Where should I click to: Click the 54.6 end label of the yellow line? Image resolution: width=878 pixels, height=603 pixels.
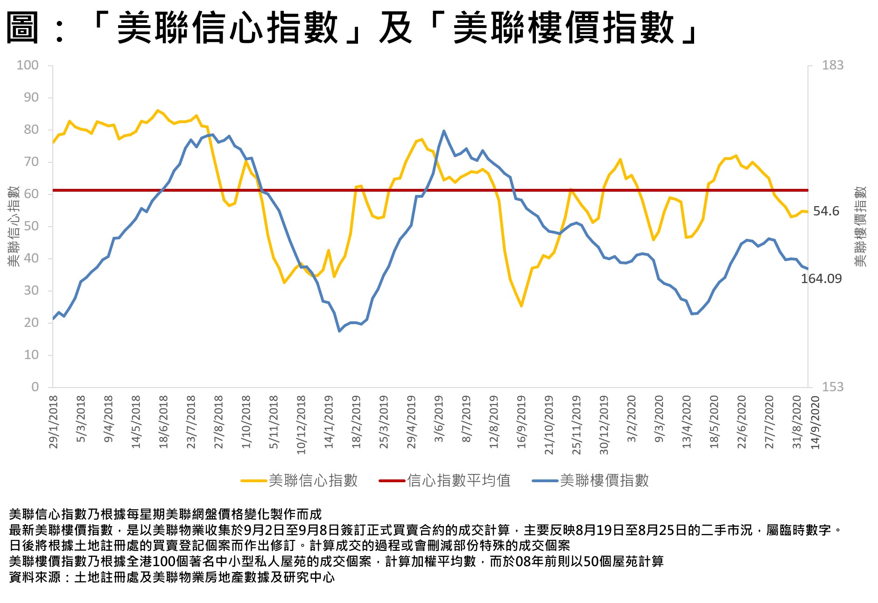[x=826, y=211]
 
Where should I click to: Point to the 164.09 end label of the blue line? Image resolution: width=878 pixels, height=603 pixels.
[x=821, y=279]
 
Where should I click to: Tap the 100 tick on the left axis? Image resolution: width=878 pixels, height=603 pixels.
[x=28, y=65]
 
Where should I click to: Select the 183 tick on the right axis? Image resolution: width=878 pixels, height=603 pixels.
[x=832, y=65]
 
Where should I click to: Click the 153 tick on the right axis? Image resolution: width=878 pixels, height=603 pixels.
[x=832, y=387]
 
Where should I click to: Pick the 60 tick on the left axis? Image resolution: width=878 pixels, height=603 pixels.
[x=31, y=194]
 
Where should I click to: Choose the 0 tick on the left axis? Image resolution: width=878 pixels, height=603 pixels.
[x=35, y=387]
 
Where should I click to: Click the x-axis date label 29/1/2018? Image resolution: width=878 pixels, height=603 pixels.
[x=54, y=422]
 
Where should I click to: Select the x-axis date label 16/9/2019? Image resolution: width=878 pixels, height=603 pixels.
[x=521, y=422]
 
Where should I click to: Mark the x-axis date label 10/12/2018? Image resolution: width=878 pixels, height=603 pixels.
[x=302, y=424]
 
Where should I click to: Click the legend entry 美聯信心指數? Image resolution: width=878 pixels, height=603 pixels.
[x=313, y=480]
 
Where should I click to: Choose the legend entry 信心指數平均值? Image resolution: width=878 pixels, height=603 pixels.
[x=458, y=480]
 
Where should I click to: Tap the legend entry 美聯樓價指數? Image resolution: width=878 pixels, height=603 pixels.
[x=604, y=480]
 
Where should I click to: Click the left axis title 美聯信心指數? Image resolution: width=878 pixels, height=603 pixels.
[x=14, y=227]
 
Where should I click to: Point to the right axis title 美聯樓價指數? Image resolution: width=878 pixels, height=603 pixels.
[x=860, y=227]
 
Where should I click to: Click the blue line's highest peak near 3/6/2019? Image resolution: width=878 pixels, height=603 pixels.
[x=443, y=131]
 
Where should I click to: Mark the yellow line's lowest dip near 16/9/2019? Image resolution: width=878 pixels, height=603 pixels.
[x=521, y=306]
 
